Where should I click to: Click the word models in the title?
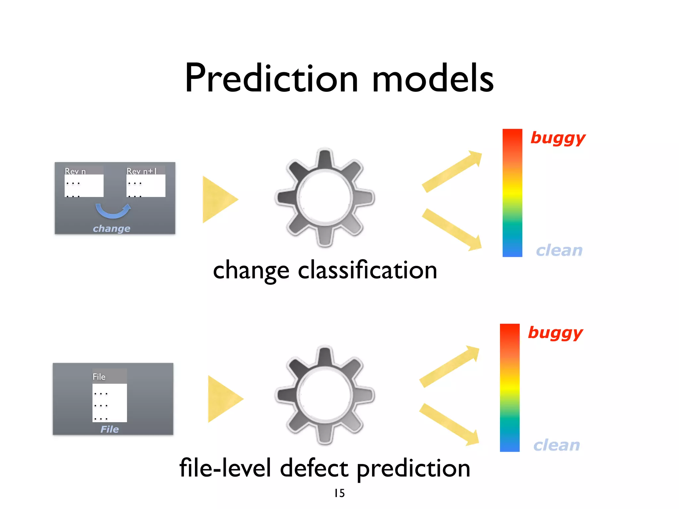[433, 78]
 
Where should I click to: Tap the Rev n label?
[75, 171]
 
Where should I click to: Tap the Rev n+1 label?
[142, 171]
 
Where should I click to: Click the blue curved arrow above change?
[113, 211]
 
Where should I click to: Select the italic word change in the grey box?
[111, 229]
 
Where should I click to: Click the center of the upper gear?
[325, 198]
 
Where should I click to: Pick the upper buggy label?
[558, 138]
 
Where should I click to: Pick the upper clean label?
[559, 251]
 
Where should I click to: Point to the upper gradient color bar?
[512, 193]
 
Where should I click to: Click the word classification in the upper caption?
[368, 270]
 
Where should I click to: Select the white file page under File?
[109, 403]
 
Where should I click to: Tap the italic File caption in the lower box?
[109, 429]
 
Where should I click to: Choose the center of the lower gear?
[325, 395]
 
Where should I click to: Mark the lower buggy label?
[555, 333]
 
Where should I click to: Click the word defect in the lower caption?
[314, 468]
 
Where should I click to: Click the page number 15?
[339, 493]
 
